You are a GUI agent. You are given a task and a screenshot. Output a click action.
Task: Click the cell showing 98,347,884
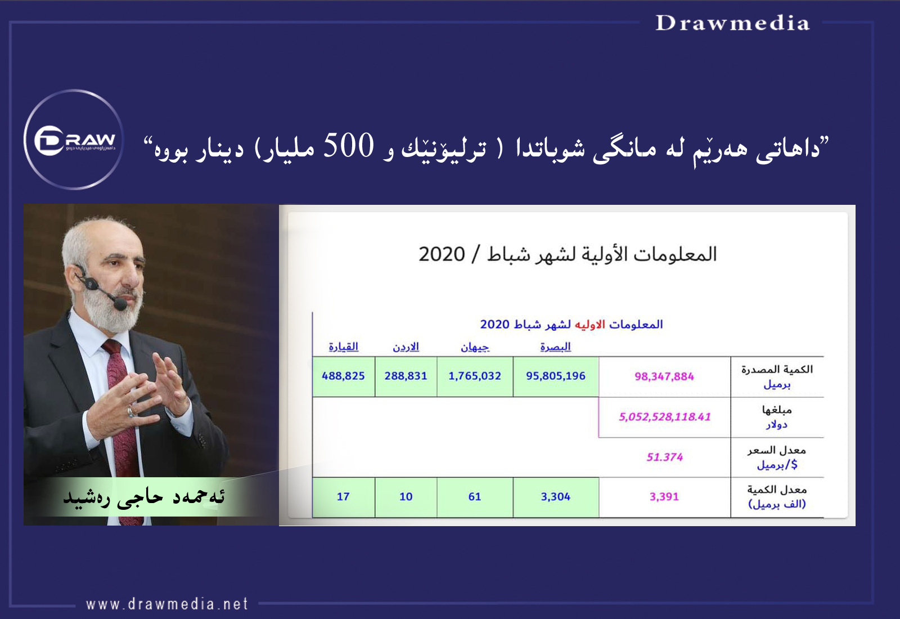pyautogui.click(x=664, y=376)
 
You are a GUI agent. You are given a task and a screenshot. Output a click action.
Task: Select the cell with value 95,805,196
pyautogui.click(x=556, y=376)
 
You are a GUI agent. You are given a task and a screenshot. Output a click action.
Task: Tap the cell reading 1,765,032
pyautogui.click(x=475, y=376)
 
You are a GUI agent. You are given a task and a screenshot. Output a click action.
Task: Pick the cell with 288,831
pyautogui.click(x=406, y=376)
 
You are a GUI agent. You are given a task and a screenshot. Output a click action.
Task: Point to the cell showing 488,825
pyautogui.click(x=344, y=376)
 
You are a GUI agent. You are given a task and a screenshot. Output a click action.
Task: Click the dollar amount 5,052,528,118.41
pyautogui.click(x=664, y=417)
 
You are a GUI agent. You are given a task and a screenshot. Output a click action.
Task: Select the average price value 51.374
pyautogui.click(x=664, y=457)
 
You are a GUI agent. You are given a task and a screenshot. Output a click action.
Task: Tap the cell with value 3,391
pyautogui.click(x=664, y=497)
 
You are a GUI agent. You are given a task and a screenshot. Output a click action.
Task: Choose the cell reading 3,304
pyautogui.click(x=556, y=497)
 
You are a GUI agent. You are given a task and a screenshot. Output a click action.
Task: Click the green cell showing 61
pyautogui.click(x=475, y=497)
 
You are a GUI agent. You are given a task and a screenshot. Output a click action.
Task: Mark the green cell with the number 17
pyautogui.click(x=344, y=497)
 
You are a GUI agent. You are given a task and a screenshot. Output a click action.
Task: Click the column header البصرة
pyautogui.click(x=556, y=347)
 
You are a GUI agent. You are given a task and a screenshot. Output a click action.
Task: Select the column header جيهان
pyautogui.click(x=475, y=347)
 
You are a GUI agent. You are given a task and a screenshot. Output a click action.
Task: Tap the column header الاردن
pyautogui.click(x=406, y=347)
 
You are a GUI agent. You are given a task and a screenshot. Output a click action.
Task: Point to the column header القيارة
pyautogui.click(x=344, y=347)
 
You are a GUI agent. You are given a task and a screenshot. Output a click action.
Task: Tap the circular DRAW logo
pyautogui.click(x=74, y=140)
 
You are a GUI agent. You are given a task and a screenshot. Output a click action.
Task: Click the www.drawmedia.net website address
pyautogui.click(x=166, y=604)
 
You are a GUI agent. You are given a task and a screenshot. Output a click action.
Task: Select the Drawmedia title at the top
pyautogui.click(x=732, y=23)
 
